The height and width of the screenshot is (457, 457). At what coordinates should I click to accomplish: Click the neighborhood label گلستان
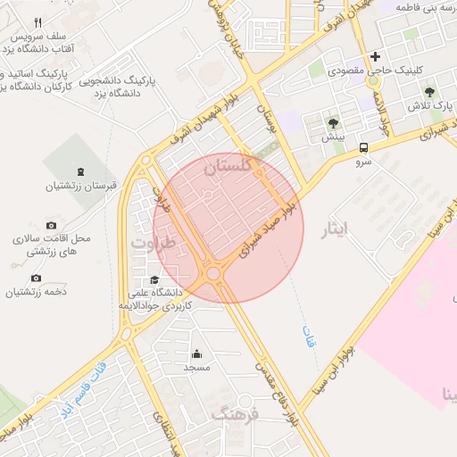[x=235, y=166]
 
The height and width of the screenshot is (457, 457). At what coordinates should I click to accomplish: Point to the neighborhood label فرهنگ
[x=234, y=413]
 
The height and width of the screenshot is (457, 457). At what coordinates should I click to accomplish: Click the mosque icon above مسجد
[x=196, y=353]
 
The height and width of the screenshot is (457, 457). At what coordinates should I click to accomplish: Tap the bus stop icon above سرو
[x=363, y=149]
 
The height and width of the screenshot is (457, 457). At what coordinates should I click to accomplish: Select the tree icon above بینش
[x=334, y=123]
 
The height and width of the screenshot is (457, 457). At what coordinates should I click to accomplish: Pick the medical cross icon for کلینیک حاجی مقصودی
[x=387, y=55]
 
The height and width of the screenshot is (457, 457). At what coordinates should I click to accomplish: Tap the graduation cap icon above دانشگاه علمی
[x=155, y=279]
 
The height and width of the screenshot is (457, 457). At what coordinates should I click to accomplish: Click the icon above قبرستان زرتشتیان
[x=82, y=171]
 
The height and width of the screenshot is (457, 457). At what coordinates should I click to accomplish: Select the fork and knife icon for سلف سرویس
[x=37, y=22]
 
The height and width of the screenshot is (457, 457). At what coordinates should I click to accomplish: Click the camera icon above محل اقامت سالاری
[x=51, y=225]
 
